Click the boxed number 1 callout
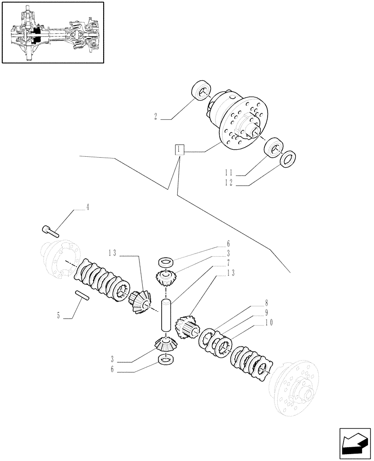pyautogui.click(x=179, y=150)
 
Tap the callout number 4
pyautogui.click(x=88, y=208)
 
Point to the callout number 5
pyautogui.click(x=58, y=316)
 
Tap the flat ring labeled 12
pyautogui.click(x=288, y=158)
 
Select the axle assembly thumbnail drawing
pyautogui.click(x=52, y=32)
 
